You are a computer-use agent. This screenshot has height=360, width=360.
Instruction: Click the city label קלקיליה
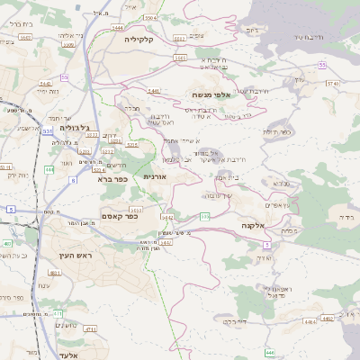coord(145,39)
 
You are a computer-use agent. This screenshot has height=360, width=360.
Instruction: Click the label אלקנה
coord(254,225)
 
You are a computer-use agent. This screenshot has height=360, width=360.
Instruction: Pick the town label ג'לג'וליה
coord(73,129)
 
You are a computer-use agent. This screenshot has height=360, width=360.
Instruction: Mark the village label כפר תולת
coord(280,132)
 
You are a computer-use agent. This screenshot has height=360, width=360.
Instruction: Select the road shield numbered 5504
coord(150,17)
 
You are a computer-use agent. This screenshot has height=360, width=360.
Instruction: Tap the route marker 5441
coord(154,91)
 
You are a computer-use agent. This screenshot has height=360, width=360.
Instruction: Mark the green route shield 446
coord(271,354)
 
